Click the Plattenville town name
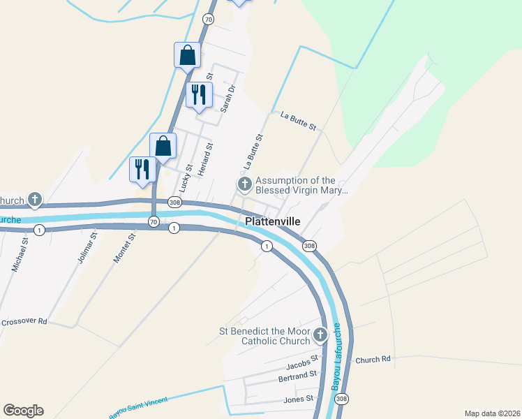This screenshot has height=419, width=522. click(273, 221)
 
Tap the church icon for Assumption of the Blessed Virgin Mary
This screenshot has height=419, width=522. click(244, 184)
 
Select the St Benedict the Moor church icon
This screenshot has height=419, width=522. click(320, 335)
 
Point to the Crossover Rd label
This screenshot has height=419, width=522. click(24, 322)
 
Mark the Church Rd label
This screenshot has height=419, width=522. click(373, 360)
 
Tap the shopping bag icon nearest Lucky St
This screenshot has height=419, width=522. click(163, 146)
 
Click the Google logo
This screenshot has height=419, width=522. click(23, 411)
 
